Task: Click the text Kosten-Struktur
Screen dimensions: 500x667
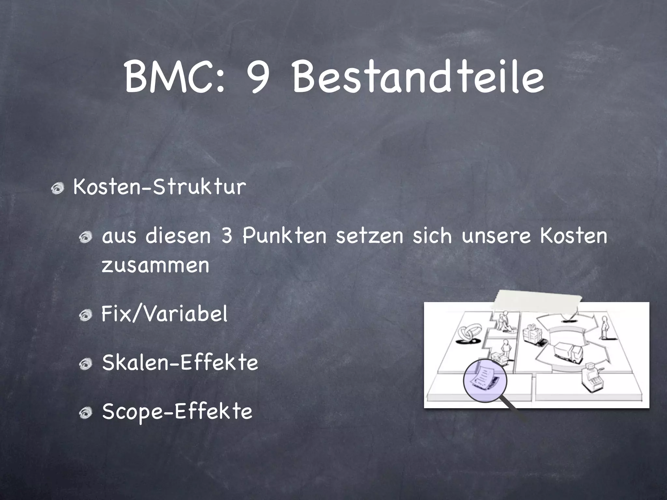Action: (x=160, y=187)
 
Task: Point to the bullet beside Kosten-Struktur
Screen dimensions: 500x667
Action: (x=58, y=188)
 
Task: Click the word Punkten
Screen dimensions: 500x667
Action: (x=284, y=236)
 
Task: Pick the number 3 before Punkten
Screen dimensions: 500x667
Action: (x=227, y=236)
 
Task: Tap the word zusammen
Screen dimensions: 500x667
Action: (x=155, y=265)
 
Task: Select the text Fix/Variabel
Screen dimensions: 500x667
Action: (x=164, y=314)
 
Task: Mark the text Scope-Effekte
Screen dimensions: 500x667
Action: (x=177, y=411)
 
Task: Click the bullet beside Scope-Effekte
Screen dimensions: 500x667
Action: (x=87, y=412)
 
